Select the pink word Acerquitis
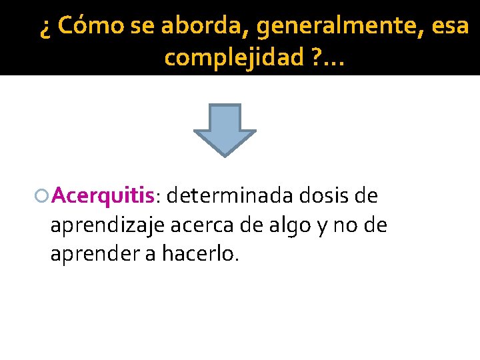click(103, 197)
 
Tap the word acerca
click(199, 225)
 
